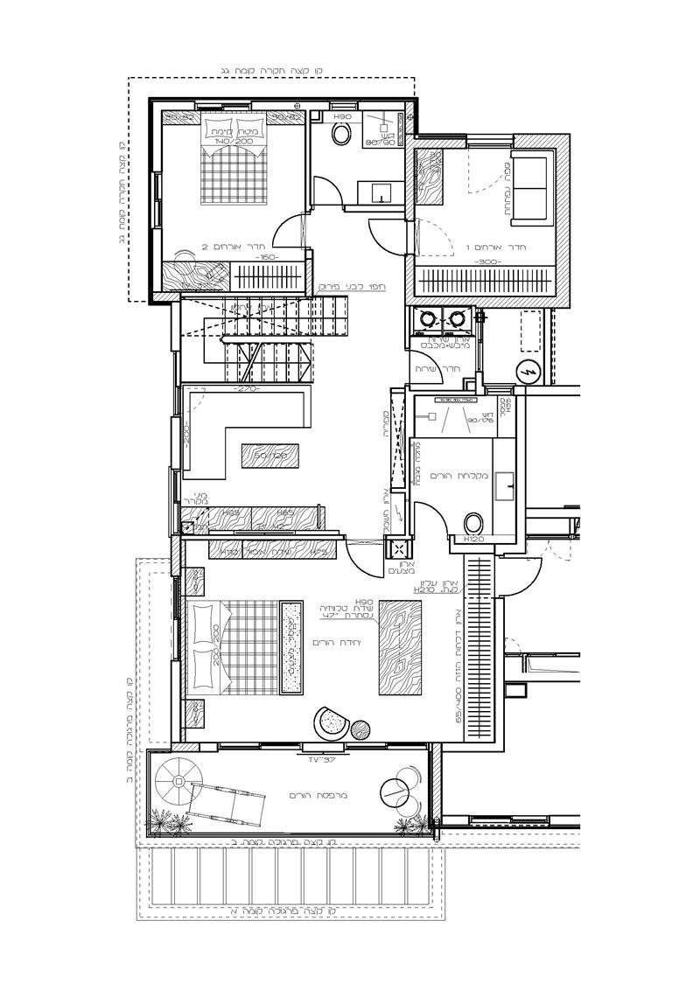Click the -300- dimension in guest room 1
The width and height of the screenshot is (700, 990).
(x=486, y=261)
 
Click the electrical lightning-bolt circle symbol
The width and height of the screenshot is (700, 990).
(x=528, y=371)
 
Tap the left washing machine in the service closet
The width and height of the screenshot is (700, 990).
(x=430, y=317)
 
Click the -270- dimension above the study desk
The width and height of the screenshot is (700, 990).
(x=247, y=387)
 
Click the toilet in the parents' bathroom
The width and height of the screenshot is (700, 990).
(x=473, y=523)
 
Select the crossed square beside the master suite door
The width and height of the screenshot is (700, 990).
(x=398, y=550)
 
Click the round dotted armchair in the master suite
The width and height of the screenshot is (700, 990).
(x=332, y=722)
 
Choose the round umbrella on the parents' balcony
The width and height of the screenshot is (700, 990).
(x=181, y=780)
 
